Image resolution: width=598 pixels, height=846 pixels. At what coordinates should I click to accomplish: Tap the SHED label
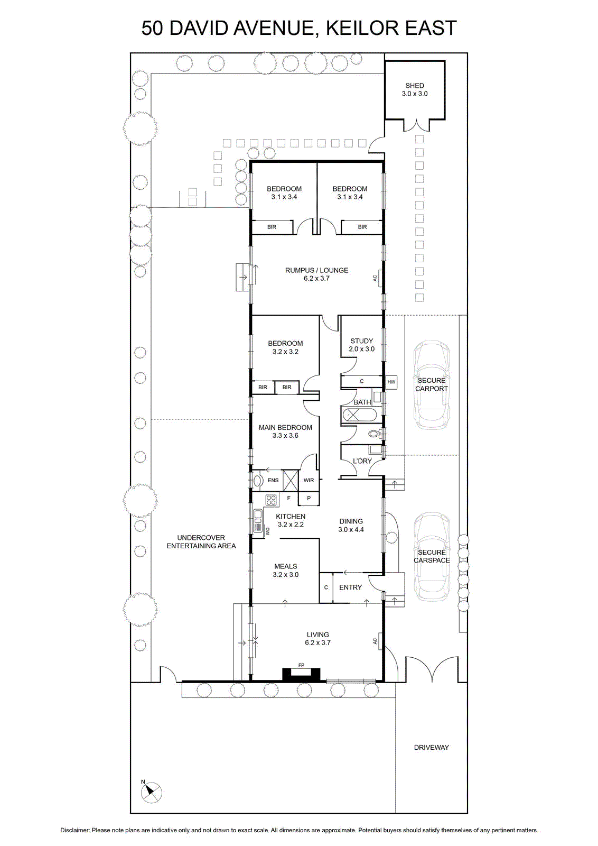pos(414,86)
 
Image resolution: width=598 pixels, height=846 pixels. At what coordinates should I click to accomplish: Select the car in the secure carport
pos(431,385)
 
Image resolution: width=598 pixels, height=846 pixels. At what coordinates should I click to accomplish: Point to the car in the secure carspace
pos(432,557)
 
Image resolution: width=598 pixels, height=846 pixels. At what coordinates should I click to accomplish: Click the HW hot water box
pos(391,382)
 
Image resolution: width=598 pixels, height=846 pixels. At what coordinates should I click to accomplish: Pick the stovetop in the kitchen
pos(271,500)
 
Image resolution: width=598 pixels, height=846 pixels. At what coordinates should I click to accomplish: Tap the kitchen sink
pos(258,521)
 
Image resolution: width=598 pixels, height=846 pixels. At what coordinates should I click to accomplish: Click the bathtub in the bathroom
pos(359,415)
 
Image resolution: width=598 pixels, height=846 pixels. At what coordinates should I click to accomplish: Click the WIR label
pos(309,481)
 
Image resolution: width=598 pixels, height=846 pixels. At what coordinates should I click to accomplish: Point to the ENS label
pos(273,481)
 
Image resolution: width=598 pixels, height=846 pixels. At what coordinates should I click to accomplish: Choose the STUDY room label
pos(361,341)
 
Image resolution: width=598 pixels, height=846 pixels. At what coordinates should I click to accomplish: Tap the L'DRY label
pos(362,461)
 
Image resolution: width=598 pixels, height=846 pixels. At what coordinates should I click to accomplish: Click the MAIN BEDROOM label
pos(285,428)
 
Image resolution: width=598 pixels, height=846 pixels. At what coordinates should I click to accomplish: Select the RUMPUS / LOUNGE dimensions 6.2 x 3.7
pos(316,279)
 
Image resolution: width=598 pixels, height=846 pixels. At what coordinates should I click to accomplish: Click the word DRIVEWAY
pos(431,748)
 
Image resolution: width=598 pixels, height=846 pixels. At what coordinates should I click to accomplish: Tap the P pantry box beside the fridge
pos(309,499)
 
